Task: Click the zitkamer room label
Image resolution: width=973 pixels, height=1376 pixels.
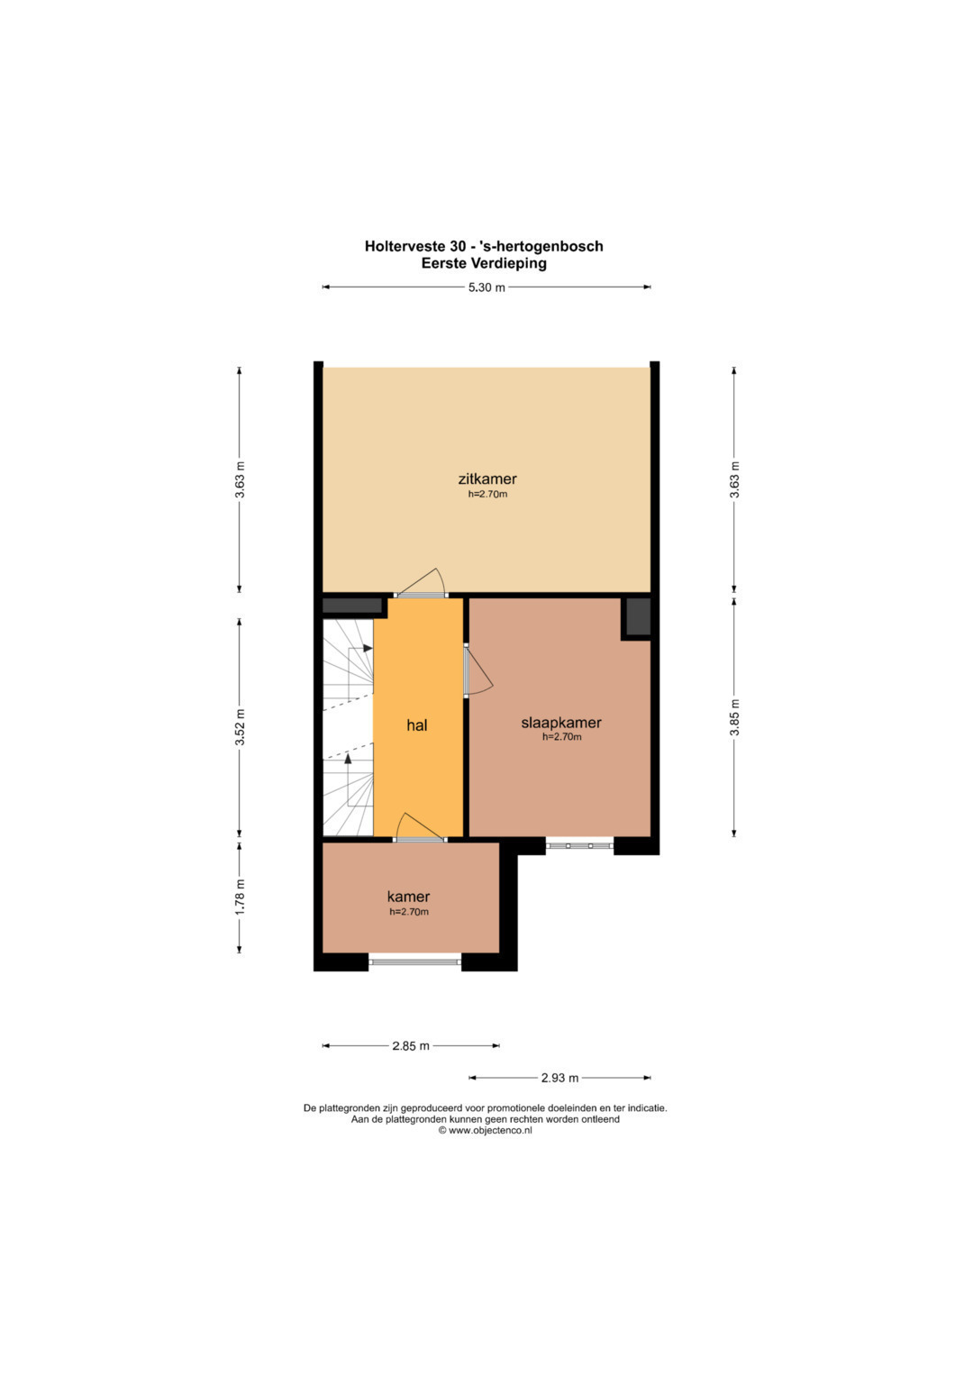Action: pos(487,478)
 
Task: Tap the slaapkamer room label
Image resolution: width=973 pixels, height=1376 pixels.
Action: pos(560,723)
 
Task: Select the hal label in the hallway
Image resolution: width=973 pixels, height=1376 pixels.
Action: pos(416,725)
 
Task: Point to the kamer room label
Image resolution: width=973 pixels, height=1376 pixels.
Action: pos(408,897)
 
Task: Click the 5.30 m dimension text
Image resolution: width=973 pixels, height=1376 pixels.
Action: pos(486,287)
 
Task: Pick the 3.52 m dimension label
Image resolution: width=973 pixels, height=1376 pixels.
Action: pos(241,727)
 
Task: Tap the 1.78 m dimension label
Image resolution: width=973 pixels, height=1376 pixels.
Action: pos(241,898)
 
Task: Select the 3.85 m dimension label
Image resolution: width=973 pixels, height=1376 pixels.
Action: pos(734,717)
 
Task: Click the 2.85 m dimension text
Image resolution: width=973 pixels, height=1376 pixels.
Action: pos(411,1046)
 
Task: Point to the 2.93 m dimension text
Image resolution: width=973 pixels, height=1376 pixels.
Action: pos(559,1078)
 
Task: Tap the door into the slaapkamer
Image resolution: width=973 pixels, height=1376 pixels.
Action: pos(477,670)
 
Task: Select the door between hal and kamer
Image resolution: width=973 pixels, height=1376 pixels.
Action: pos(420,829)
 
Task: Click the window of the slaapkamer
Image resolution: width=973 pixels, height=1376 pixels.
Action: pos(579,846)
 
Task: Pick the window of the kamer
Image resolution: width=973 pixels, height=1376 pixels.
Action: pos(414,961)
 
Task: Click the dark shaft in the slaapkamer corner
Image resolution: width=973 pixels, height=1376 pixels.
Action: pos(638,617)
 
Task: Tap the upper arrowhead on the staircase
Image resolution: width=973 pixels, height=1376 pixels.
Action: pos(368,648)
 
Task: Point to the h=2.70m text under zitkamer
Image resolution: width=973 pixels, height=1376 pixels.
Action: pos(487,494)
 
